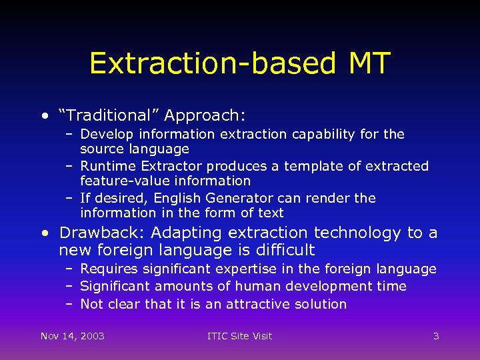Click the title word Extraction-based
(213, 63)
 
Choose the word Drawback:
(103, 233)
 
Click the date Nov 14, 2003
(73, 335)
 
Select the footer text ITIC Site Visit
(240, 335)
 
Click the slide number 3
(436, 335)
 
